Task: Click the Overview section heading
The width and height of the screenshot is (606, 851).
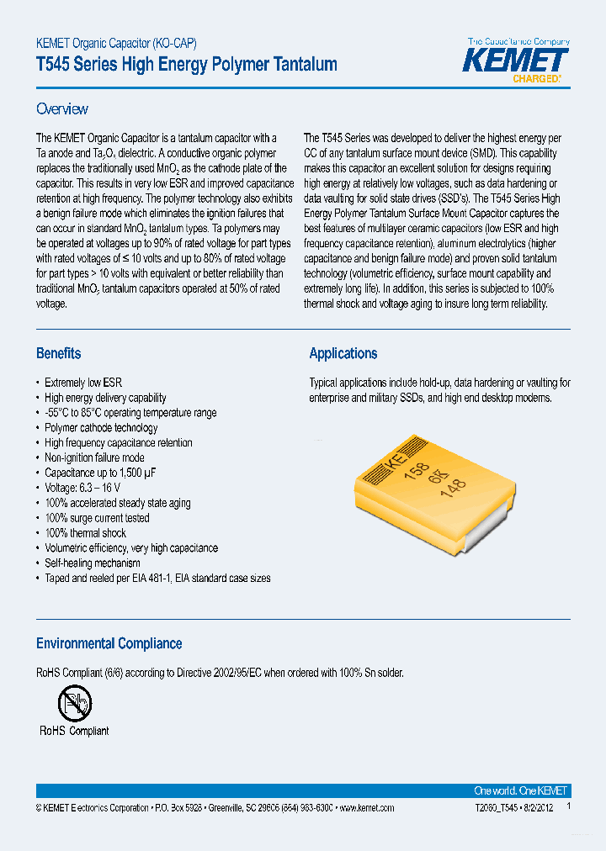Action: [x=62, y=109]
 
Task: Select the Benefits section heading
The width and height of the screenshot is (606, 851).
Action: [x=59, y=353]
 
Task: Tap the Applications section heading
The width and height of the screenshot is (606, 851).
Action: [x=343, y=353]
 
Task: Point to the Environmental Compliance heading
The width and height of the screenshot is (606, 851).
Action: [x=109, y=643]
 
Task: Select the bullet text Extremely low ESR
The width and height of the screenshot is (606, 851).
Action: [x=82, y=383]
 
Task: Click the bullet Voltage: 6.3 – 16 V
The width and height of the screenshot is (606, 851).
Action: [x=82, y=488]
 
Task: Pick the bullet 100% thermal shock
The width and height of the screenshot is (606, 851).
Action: [x=85, y=533]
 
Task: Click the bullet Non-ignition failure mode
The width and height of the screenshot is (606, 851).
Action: [x=94, y=457]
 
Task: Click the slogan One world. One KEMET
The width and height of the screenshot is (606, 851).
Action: [x=521, y=790]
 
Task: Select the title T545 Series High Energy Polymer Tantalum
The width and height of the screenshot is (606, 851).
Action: [x=187, y=65]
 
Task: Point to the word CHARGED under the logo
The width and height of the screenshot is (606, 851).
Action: [x=536, y=79]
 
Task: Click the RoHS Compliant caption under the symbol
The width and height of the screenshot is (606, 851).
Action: [x=74, y=731]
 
